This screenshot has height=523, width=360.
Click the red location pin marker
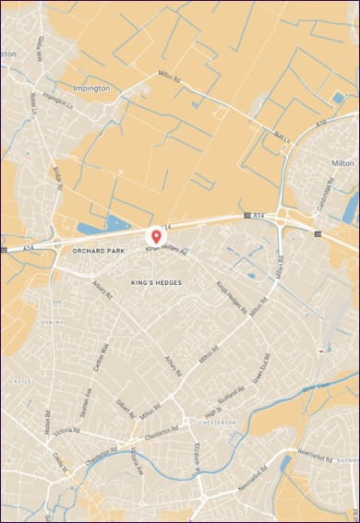click(155, 238)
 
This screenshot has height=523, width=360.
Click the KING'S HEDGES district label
click(155, 282)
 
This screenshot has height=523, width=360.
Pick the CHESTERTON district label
click(218, 422)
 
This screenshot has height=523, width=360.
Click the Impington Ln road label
click(54, 101)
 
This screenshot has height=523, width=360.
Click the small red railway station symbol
click(320, 351)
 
